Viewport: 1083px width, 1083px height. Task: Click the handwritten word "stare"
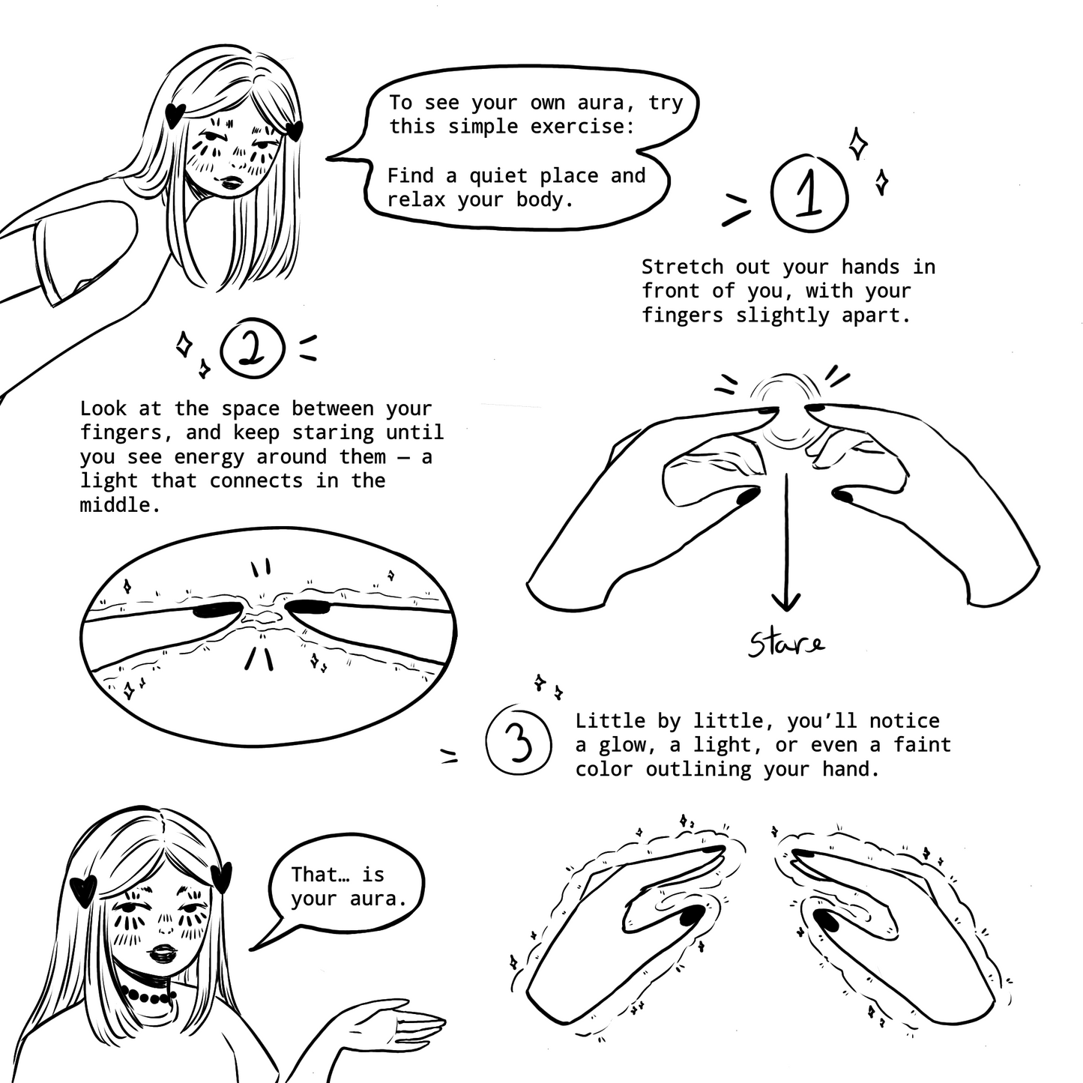pos(786,644)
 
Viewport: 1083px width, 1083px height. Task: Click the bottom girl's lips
pos(164,953)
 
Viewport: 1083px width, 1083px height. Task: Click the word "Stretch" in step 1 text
pos(682,267)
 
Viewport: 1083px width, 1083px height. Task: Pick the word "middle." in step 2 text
pos(121,505)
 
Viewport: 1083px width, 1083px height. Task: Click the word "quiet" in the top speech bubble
pos(498,175)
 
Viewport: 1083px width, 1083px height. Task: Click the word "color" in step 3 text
pos(604,770)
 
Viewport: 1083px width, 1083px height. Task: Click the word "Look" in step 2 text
pos(103,408)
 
